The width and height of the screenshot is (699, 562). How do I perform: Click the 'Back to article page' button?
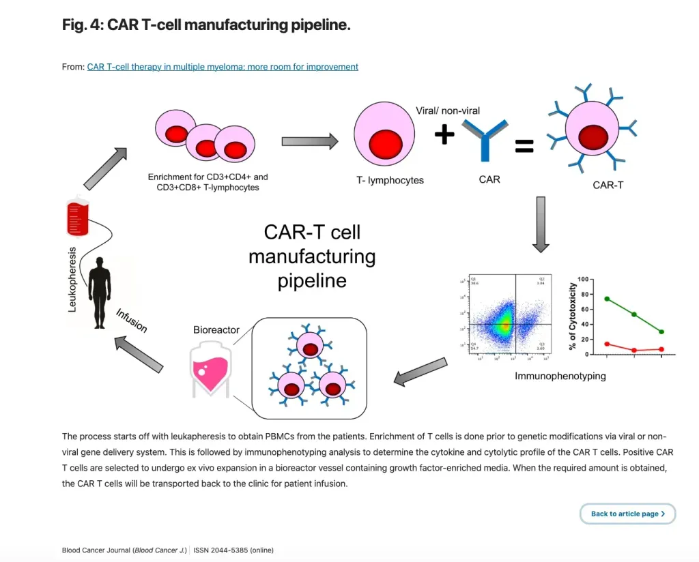pos(627,514)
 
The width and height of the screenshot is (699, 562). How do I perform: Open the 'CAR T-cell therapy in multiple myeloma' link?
pos(223,67)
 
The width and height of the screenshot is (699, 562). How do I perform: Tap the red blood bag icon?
pos(77,217)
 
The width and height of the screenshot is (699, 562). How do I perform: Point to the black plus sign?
pos(444,134)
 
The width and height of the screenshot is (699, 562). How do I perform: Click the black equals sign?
pos(524,145)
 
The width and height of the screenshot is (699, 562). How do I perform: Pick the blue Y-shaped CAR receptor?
pos(484,140)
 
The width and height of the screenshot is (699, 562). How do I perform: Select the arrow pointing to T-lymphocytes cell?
pos(310,141)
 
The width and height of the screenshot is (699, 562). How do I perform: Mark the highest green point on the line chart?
pos(607,299)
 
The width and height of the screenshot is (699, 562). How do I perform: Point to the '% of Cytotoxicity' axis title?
pos(573,317)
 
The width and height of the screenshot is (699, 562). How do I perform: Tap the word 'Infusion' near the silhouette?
pos(131,321)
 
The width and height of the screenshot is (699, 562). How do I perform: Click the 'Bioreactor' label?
pos(216,330)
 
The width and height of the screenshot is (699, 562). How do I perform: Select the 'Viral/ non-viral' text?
pos(447,110)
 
